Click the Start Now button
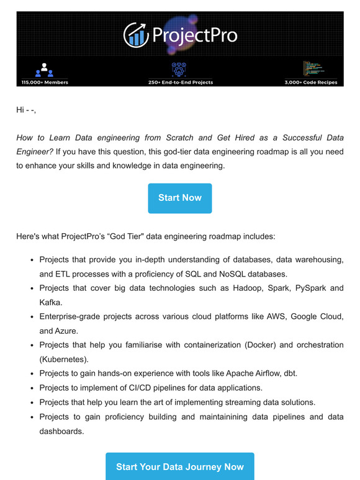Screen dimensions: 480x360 point(179,198)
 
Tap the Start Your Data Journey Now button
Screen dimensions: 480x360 point(179,467)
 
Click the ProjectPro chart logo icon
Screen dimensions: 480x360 point(135,35)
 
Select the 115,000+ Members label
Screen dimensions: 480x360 point(44,82)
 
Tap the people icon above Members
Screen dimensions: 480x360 point(44,69)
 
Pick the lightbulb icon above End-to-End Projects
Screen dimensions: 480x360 point(179,68)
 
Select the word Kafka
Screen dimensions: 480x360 point(52,302)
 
